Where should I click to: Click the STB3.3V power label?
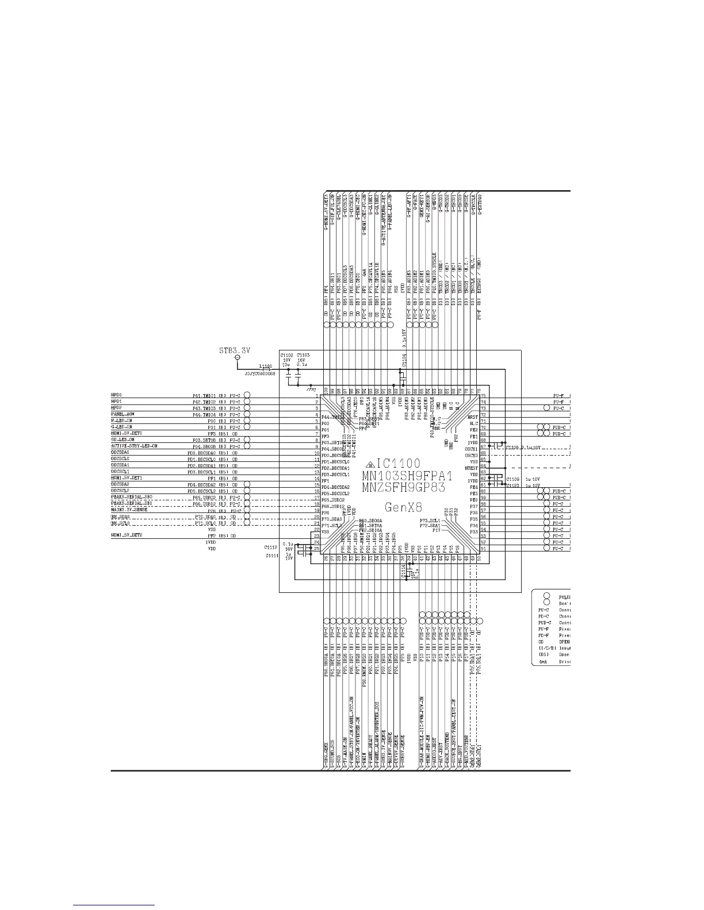tap(236, 349)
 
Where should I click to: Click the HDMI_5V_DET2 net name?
tap(127, 535)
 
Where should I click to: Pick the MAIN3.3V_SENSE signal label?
tap(129, 510)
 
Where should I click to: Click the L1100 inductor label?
tap(266, 365)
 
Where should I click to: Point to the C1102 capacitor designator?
tap(286, 355)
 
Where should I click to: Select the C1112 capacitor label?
tap(271, 547)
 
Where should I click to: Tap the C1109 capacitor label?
tap(513, 478)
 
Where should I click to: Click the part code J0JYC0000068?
tap(260, 373)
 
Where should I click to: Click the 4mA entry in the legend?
tap(542, 661)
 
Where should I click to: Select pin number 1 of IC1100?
tap(316, 396)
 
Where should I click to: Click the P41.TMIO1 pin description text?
tap(203, 395)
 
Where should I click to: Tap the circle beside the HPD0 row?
tap(247, 395)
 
